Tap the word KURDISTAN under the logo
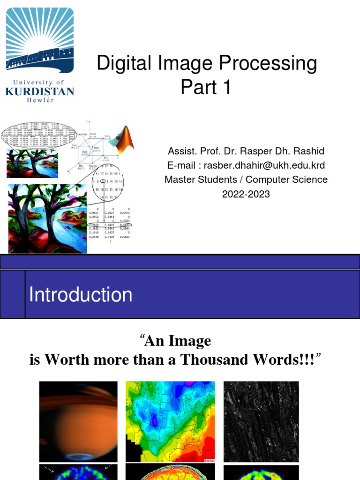pyautogui.click(x=40, y=90)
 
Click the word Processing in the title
pyautogui.click(x=269, y=64)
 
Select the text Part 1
pyautogui.click(x=206, y=87)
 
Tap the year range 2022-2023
pyautogui.click(x=246, y=194)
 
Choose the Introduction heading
pyautogui.click(x=81, y=295)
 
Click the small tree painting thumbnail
pyautogui.click(x=32, y=164)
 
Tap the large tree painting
pyautogui.click(x=47, y=218)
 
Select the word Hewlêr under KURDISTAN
pyautogui.click(x=40, y=100)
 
